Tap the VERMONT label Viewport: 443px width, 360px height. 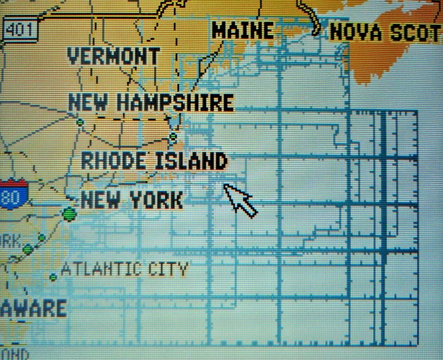tap(114, 56)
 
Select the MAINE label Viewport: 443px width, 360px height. tap(242, 30)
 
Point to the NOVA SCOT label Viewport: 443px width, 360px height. tap(385, 32)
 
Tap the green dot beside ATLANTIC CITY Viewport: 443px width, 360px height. tap(53, 277)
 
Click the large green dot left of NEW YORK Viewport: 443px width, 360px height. tap(69, 214)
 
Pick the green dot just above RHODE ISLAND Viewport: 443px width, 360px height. tap(173, 137)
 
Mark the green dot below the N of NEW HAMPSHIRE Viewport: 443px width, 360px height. tap(80, 122)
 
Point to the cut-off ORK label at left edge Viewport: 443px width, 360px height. tap(10, 241)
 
